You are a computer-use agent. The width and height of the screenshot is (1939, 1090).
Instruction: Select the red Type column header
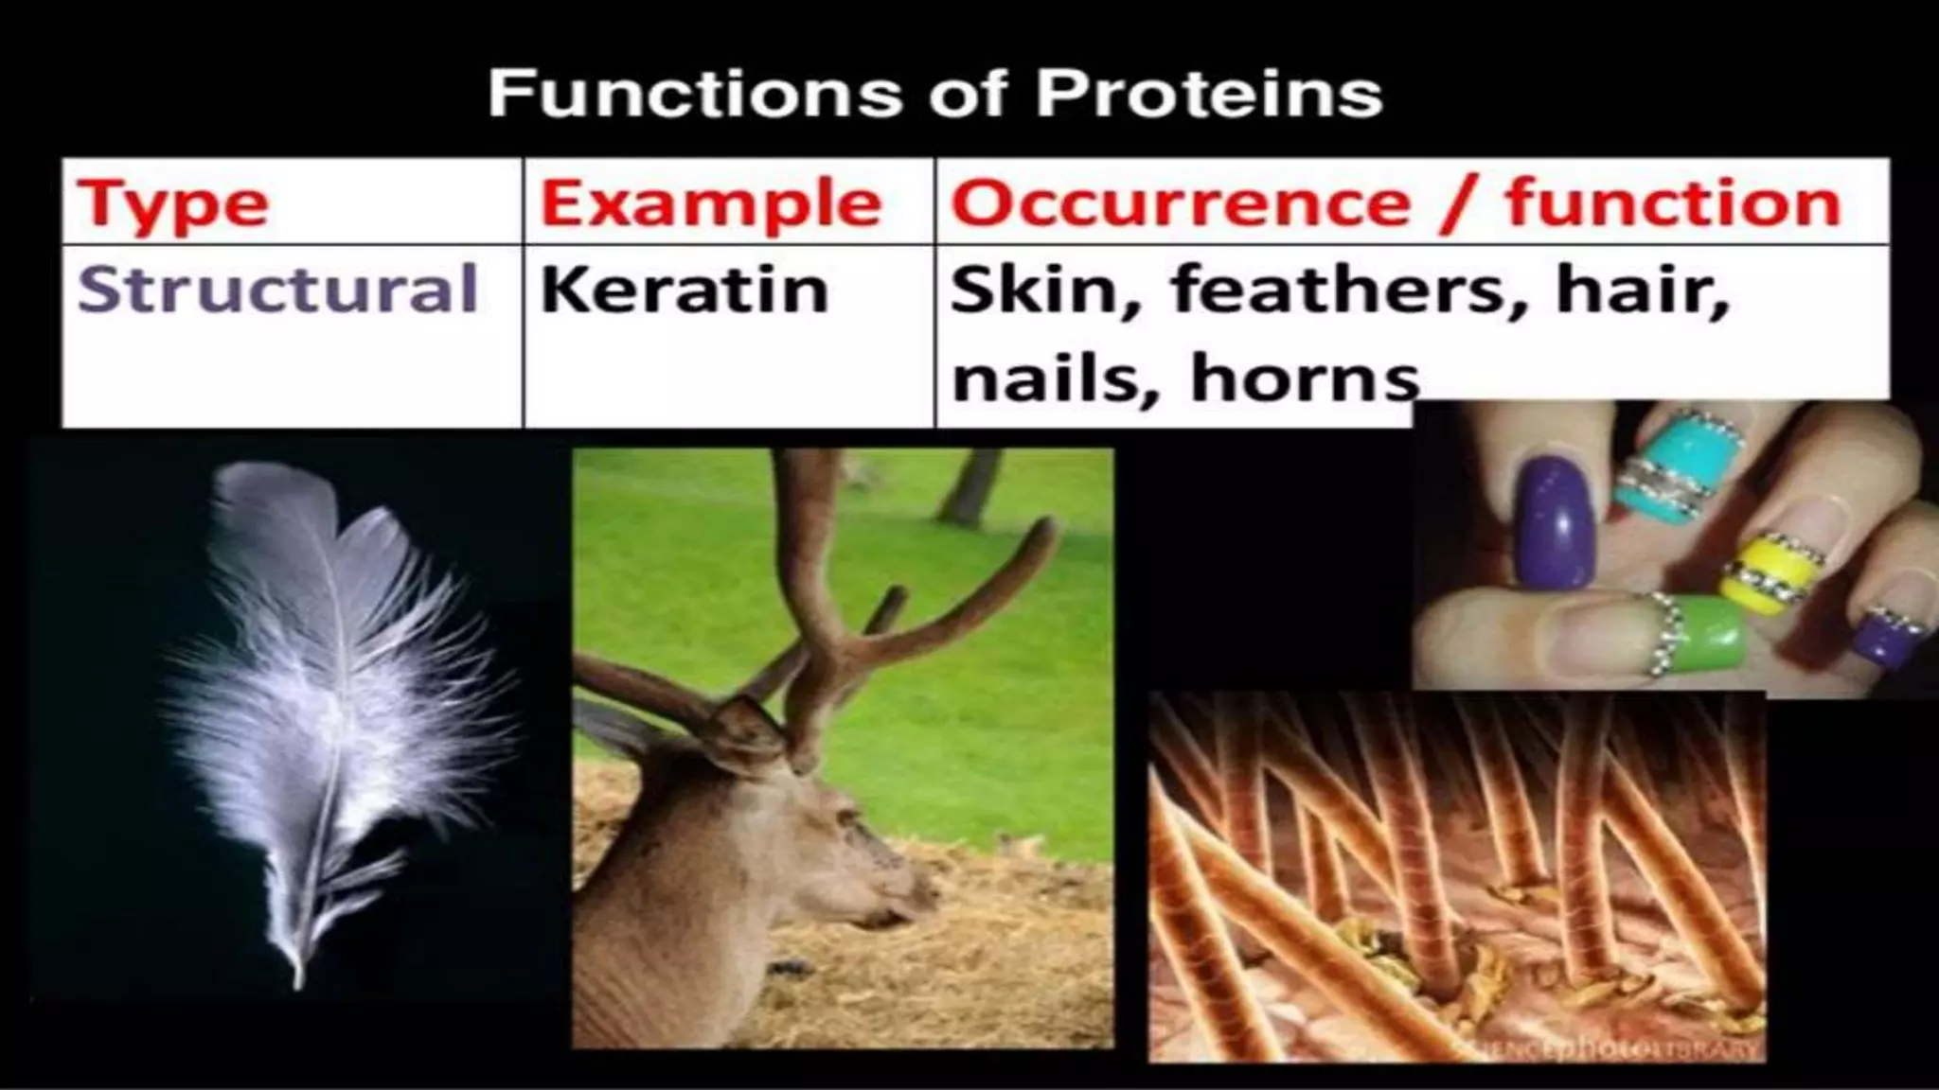click(173, 204)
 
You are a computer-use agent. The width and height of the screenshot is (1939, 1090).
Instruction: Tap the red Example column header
click(710, 204)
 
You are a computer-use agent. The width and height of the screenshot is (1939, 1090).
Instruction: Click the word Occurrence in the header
click(1180, 202)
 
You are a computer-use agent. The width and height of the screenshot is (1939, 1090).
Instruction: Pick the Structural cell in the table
click(277, 289)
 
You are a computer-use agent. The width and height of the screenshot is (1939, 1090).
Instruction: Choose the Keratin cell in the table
click(684, 289)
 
